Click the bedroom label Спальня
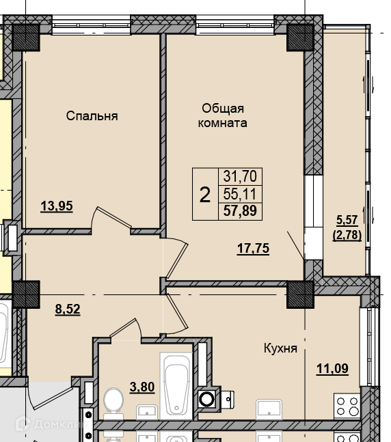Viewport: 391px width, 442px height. click(92, 116)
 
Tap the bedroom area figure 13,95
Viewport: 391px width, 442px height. click(57, 206)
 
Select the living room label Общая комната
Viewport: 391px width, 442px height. click(223, 115)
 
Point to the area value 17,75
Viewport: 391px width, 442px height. click(254, 249)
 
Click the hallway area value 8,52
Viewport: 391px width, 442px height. click(68, 309)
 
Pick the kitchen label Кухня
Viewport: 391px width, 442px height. click(280, 348)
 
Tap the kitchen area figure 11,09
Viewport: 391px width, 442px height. click(333, 369)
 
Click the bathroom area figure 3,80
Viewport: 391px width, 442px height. click(142, 387)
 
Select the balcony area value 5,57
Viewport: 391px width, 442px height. click(347, 220)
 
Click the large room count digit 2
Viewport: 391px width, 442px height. click(205, 195)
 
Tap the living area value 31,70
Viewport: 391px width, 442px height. click(240, 176)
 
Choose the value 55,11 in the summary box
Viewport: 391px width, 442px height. click(240, 194)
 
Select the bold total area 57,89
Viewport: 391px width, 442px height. click(240, 210)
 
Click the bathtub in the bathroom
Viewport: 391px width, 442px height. click(176, 385)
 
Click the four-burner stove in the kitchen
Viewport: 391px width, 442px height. click(347, 406)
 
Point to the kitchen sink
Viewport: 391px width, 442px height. click(269, 409)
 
